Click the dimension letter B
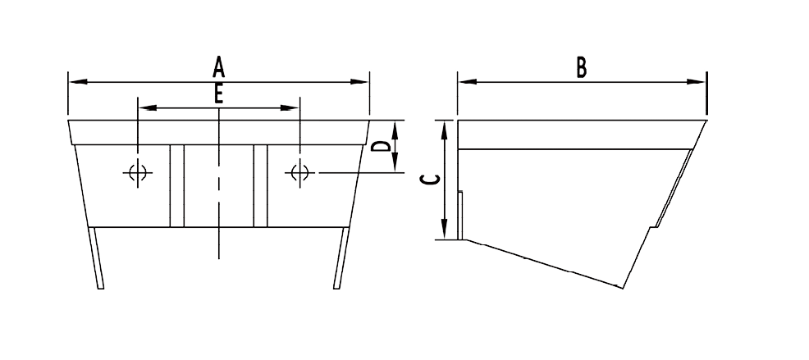(581, 67)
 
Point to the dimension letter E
(218, 95)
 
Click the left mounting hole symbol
(136, 173)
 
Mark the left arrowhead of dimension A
(76, 81)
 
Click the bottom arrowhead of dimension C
(444, 231)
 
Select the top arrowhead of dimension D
(395, 127)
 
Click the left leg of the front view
(97, 257)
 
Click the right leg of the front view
(341, 257)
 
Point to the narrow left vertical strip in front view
(176, 185)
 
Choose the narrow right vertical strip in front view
(261, 185)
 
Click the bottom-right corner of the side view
(624, 289)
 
